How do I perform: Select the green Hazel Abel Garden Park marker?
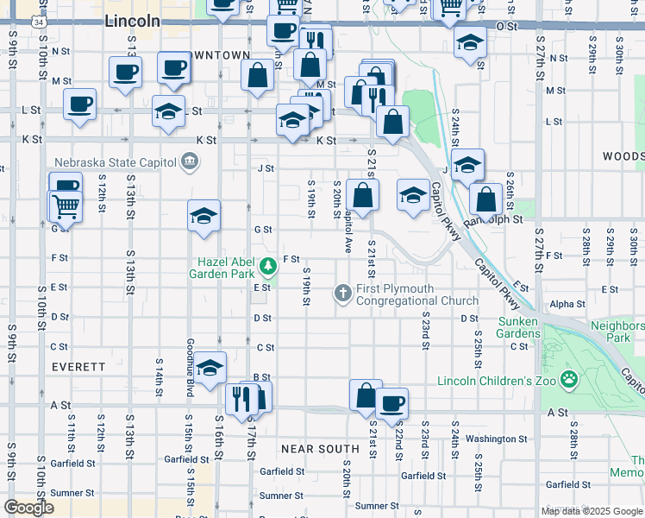269,265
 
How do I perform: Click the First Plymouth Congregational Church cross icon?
343,294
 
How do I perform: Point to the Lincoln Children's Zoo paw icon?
569,379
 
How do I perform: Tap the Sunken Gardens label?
518,328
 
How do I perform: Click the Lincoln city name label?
131,21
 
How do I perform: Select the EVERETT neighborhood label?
78,367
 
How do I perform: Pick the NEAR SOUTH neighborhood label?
320,449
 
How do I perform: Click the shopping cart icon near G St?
65,206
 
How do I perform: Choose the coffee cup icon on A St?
392,402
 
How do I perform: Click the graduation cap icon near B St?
210,369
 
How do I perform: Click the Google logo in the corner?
28,507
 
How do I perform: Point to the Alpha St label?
567,304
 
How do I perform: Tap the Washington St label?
489,439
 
